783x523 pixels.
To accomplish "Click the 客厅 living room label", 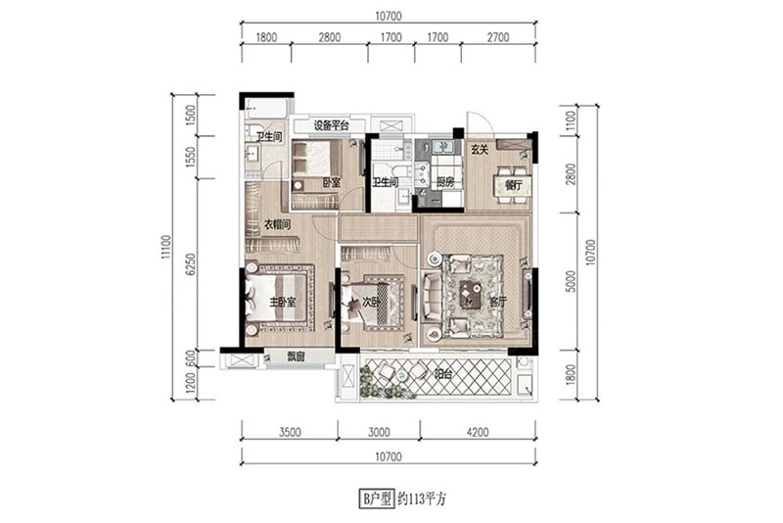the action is (498, 302).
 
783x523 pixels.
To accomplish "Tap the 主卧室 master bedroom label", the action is (283, 302).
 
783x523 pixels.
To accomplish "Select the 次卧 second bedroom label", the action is (371, 302).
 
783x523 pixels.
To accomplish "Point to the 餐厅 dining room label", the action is (513, 185).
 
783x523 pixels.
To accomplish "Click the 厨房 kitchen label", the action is (445, 182).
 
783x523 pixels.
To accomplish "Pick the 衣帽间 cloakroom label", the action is (277, 225).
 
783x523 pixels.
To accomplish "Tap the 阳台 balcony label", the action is (443, 374).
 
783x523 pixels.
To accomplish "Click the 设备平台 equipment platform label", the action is (331, 125).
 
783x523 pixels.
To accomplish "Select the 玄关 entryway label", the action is (480, 149).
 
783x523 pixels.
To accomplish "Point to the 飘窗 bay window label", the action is (296, 357).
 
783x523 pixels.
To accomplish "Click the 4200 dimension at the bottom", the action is (478, 432).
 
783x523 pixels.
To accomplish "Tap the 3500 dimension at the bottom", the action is (290, 432).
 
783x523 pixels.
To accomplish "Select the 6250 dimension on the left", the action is (190, 264).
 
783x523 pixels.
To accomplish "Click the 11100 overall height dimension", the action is (165, 247).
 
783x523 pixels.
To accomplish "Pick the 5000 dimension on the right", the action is (572, 281).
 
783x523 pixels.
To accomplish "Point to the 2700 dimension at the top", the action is (498, 37).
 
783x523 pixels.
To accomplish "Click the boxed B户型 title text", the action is (377, 499).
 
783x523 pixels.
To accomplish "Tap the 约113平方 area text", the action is (422, 499).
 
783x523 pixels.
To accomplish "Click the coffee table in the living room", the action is (470, 295).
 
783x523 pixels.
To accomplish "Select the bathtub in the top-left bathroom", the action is (266, 108).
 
